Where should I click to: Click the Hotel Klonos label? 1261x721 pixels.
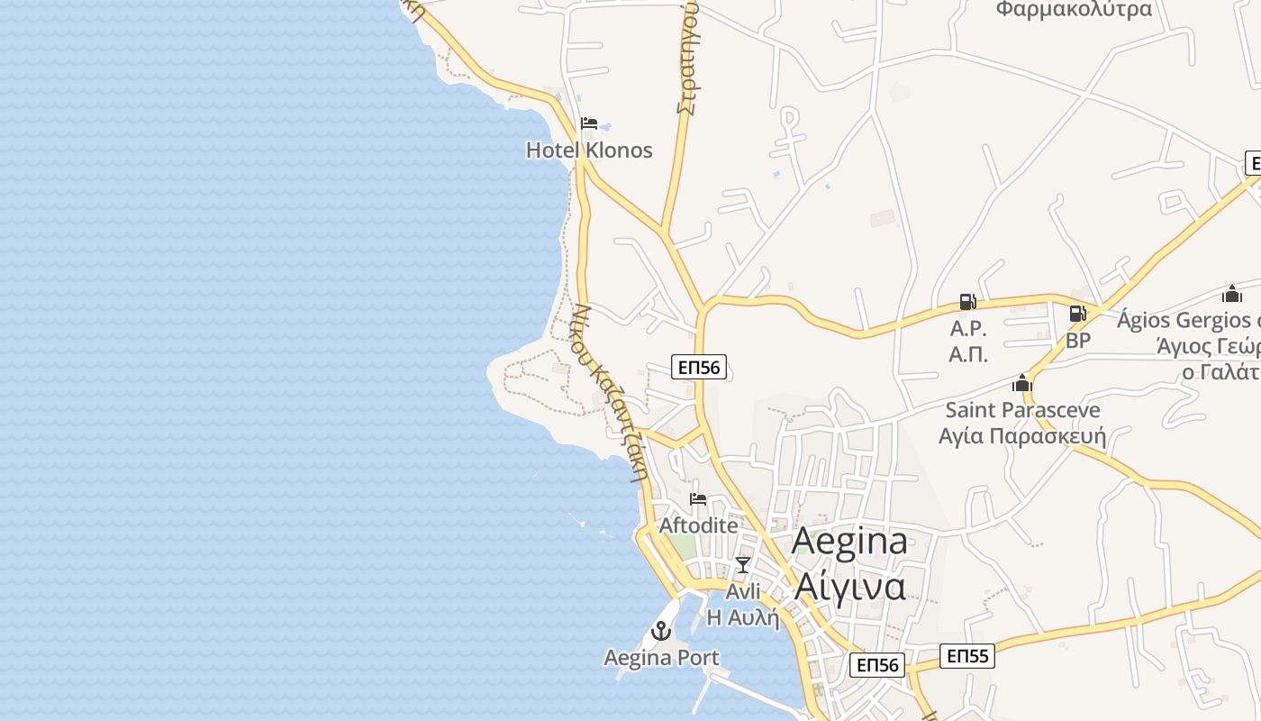tap(589, 150)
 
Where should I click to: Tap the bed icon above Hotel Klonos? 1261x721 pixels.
tap(589, 123)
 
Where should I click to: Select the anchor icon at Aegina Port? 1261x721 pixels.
tap(662, 631)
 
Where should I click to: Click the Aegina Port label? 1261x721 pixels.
tap(662, 658)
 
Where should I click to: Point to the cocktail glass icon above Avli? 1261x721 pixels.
tap(742, 565)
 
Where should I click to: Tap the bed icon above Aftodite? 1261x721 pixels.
tap(698, 499)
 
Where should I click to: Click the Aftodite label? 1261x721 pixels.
tap(698, 525)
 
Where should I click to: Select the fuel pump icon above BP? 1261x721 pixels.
tap(1077, 314)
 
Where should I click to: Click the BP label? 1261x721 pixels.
tap(1078, 341)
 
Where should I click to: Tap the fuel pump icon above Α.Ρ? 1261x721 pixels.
tap(967, 302)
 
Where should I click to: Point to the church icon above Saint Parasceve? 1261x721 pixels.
tap(1021, 383)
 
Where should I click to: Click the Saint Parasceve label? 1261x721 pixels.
tap(1022, 410)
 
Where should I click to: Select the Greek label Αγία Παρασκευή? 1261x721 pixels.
tap(1022, 437)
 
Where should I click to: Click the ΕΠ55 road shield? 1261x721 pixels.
tap(968, 655)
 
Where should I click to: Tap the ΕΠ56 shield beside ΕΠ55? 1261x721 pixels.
tap(877, 665)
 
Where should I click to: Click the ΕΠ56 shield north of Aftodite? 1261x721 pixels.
tap(699, 367)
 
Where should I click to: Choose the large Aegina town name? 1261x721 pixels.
tap(849, 541)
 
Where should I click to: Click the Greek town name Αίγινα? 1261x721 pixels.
tap(849, 586)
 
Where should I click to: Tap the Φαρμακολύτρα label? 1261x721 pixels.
tap(1074, 10)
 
